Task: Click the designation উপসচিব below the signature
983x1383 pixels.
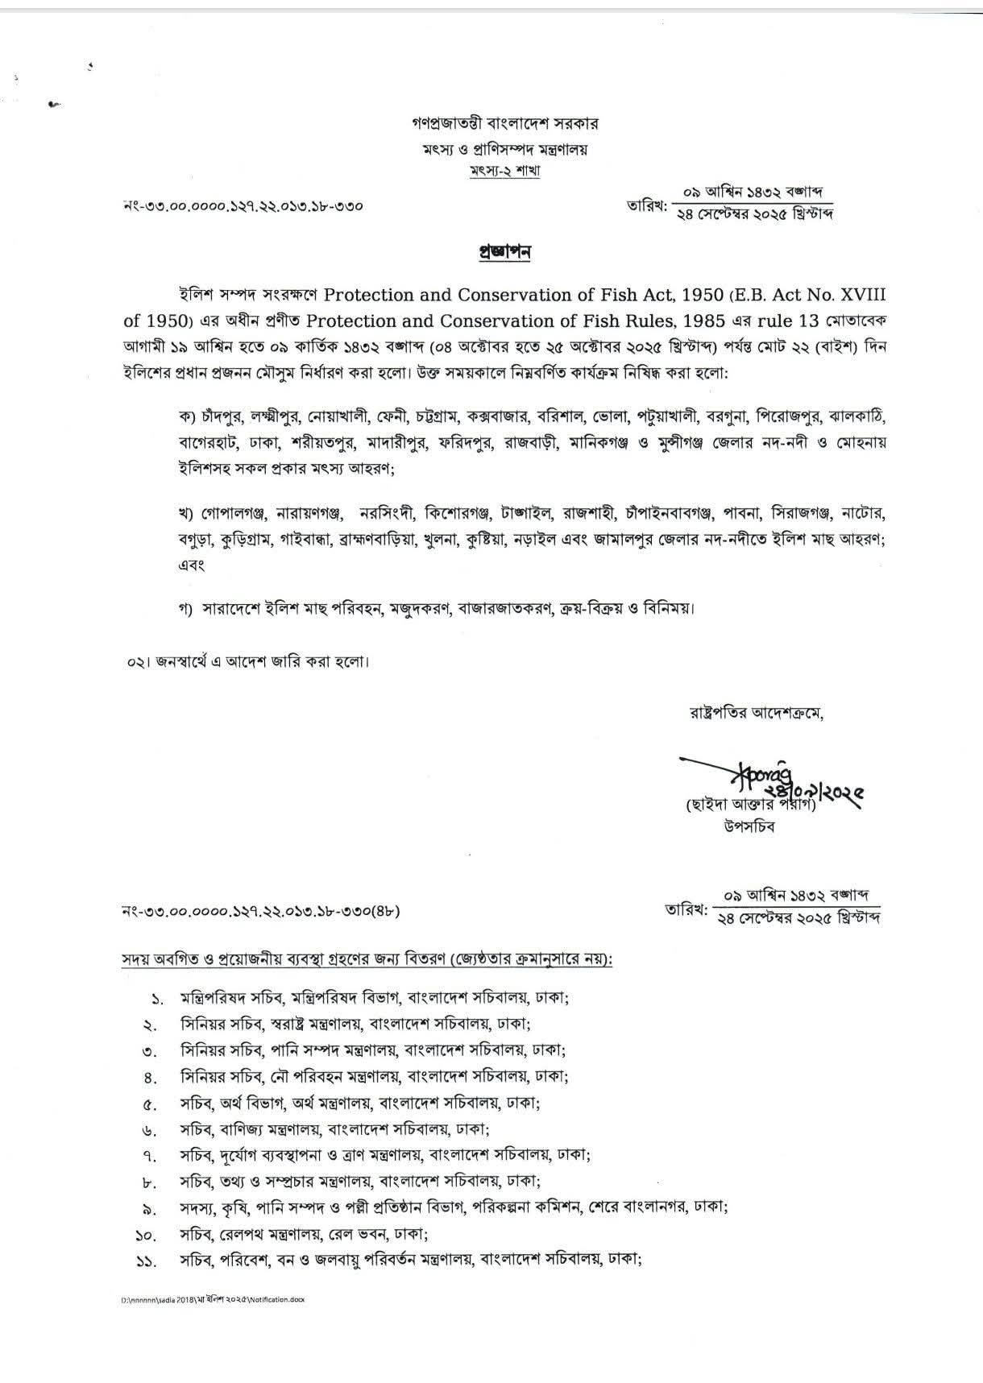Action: coord(749,828)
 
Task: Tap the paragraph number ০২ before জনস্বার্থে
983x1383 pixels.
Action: coord(135,662)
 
